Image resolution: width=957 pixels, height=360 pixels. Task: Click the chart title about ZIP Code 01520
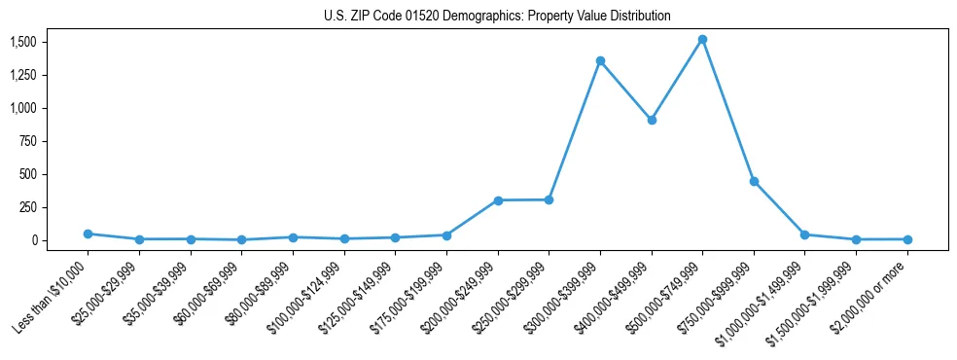click(497, 17)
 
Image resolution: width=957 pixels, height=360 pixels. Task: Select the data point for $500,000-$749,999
click(702, 40)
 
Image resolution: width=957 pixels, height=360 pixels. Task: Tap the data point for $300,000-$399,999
click(600, 60)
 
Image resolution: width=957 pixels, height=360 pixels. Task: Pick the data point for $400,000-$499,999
click(652, 120)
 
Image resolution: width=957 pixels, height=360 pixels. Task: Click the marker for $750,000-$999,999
click(754, 181)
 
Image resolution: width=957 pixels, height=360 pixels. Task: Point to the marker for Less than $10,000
click(88, 234)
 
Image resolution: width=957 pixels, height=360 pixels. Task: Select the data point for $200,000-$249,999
click(498, 200)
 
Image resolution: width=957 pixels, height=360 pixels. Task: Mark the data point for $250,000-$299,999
click(549, 199)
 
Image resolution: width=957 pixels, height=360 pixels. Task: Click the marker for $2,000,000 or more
click(907, 239)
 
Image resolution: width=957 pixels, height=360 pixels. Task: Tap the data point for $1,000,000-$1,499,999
click(804, 234)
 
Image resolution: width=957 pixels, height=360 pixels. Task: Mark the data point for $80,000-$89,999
click(293, 237)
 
